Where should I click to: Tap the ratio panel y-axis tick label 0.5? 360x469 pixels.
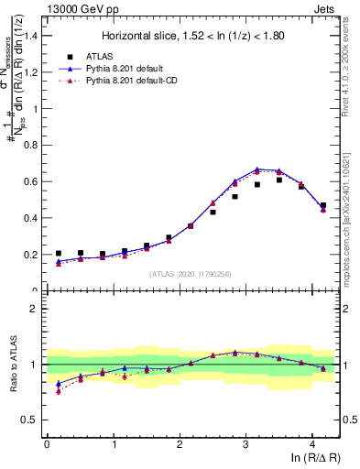(30, 420)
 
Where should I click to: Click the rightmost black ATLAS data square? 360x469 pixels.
(323, 206)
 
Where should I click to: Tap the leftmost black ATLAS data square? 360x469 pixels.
(59, 254)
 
